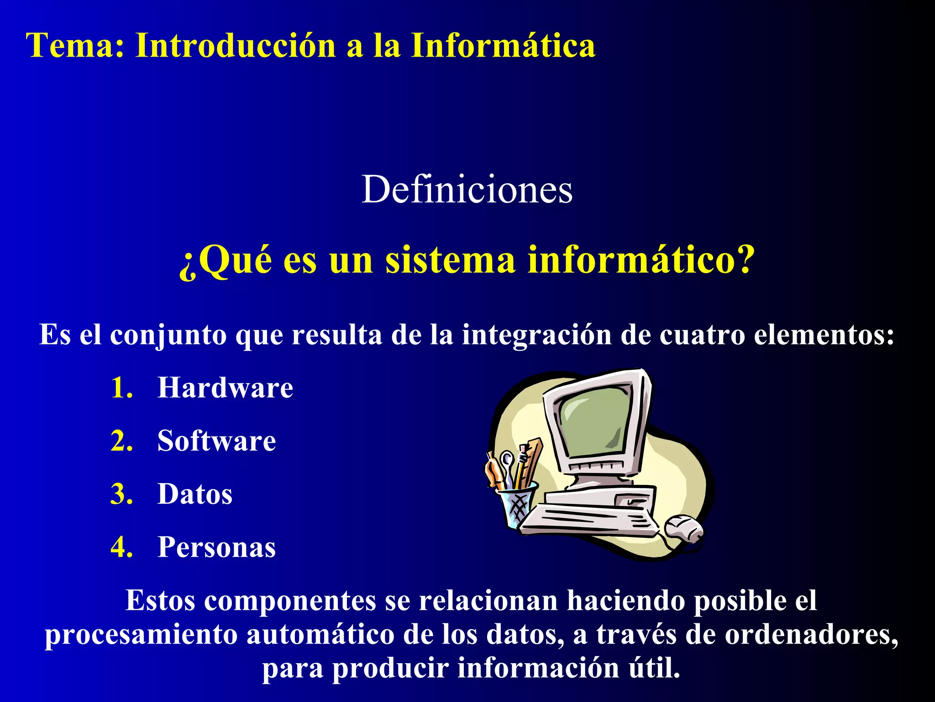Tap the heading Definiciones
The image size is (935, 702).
click(467, 190)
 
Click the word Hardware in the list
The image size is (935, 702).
click(225, 388)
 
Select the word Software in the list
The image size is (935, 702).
click(216, 441)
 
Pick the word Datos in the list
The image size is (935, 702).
click(195, 494)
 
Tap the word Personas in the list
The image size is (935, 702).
click(216, 547)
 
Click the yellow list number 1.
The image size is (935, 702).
click(121, 388)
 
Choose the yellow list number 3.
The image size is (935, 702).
click(121, 494)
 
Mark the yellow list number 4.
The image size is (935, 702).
click(121, 547)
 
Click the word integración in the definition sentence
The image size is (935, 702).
click(536, 335)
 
